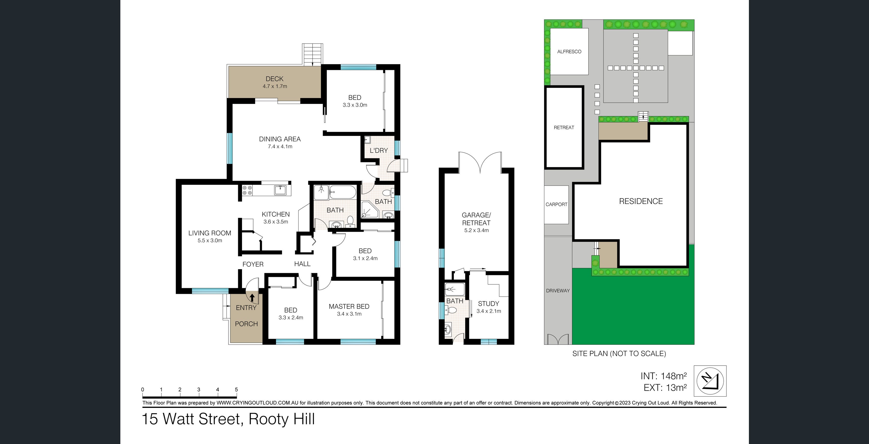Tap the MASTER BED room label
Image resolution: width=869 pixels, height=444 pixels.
click(349, 306)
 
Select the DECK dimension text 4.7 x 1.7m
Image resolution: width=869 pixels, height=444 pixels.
click(275, 86)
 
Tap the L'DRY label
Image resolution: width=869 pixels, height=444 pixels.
click(378, 150)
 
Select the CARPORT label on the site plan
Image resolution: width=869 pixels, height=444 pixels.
click(556, 204)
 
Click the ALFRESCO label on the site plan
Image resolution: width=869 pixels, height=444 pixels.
click(569, 51)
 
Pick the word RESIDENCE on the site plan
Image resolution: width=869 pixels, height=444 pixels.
click(641, 201)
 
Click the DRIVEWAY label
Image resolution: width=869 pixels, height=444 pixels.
click(558, 291)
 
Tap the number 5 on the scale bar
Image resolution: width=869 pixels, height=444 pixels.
click(236, 390)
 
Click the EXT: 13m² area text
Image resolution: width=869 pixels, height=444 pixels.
click(665, 387)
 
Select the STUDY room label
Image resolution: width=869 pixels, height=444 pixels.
click(488, 303)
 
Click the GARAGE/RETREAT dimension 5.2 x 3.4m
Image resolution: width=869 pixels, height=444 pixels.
click(476, 230)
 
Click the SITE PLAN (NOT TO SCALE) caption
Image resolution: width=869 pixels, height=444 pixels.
click(619, 353)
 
